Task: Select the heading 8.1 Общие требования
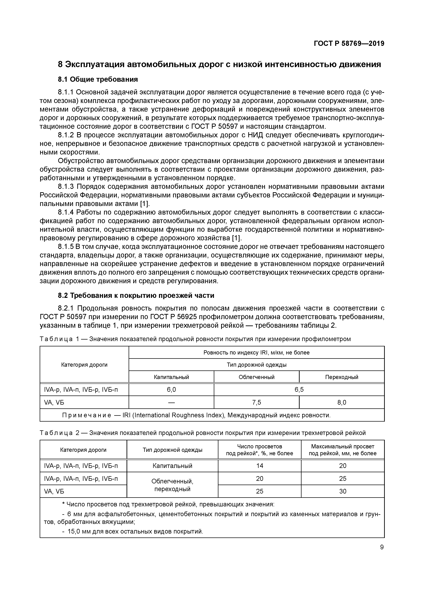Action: point(98,79)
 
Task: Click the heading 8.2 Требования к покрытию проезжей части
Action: point(136,295)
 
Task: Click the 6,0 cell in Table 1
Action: point(171,390)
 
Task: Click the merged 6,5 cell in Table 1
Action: point(299,390)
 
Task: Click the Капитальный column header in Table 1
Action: point(171,377)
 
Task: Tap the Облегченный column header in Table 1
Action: point(257,377)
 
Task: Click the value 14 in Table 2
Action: point(259,466)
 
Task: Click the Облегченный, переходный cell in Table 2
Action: point(172,485)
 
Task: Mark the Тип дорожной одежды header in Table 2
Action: point(172,450)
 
